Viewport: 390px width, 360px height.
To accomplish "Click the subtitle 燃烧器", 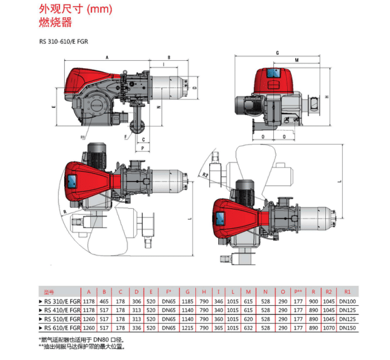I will [x=55, y=23].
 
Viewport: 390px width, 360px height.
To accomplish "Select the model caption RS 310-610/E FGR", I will [x=64, y=41].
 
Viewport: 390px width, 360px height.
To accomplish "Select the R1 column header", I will [x=347, y=291].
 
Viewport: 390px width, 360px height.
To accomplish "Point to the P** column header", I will [x=298, y=291].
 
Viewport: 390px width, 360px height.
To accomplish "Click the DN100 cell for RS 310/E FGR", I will [x=347, y=302].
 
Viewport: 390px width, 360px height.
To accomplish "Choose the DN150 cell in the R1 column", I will [x=347, y=328].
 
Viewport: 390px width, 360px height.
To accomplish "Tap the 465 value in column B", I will [x=104, y=302].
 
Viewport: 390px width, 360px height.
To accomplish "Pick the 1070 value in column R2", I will [x=329, y=328].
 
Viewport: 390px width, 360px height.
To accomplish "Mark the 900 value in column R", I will [x=314, y=302].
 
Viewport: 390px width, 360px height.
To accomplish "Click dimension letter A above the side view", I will [x=107, y=56].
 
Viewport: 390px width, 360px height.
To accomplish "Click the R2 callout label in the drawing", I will [x=206, y=175].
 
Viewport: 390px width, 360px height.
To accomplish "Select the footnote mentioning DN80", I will [x=84, y=339].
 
